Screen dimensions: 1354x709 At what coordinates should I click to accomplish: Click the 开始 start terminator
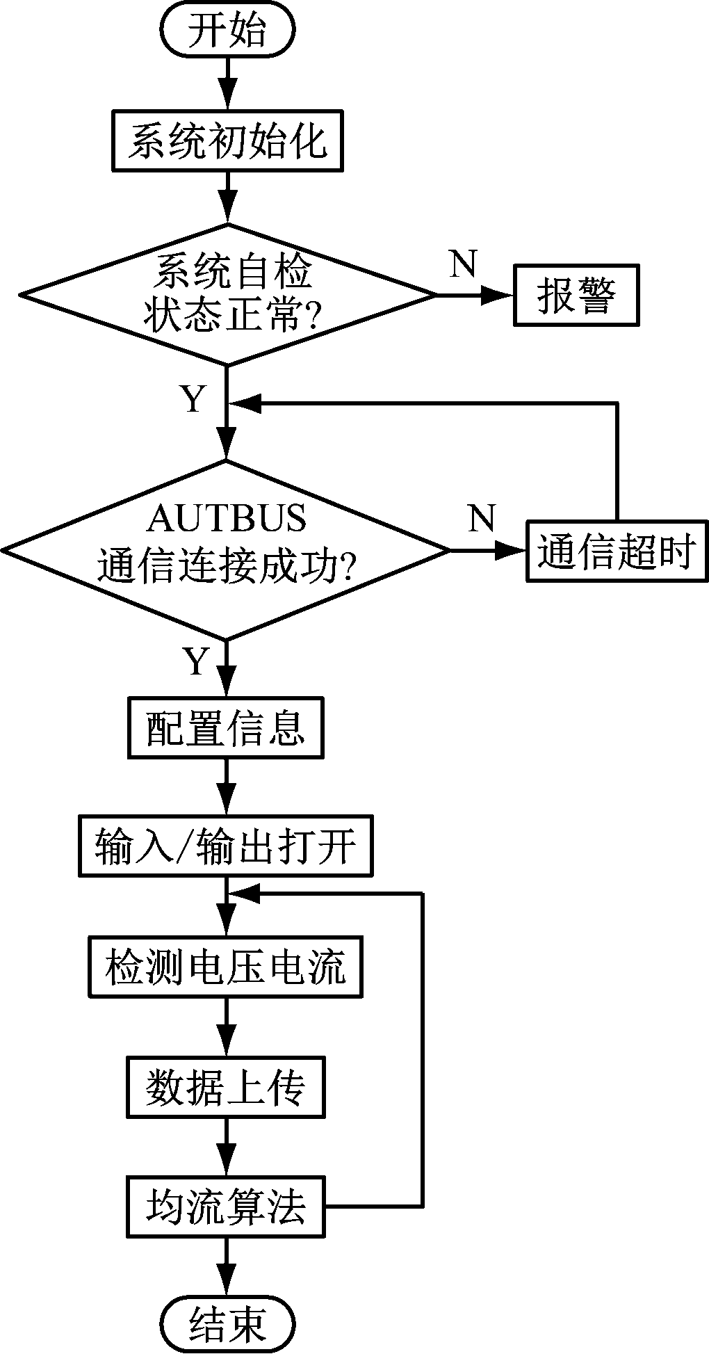(227, 31)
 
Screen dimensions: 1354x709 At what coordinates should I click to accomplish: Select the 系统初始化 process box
(227, 140)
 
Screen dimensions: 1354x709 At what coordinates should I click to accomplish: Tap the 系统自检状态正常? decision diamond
(227, 294)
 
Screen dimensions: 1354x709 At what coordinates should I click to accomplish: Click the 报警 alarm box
(576, 295)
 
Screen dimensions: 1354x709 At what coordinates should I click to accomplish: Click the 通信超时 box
(617, 551)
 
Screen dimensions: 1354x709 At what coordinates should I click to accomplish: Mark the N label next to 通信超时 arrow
(482, 518)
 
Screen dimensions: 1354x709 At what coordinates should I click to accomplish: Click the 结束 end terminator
(227, 1322)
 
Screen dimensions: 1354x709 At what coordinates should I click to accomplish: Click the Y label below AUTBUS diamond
(196, 661)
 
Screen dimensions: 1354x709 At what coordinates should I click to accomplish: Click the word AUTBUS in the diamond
(227, 518)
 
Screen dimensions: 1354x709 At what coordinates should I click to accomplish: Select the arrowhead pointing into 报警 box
(500, 295)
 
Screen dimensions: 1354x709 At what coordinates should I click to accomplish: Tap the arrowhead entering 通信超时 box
(513, 551)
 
